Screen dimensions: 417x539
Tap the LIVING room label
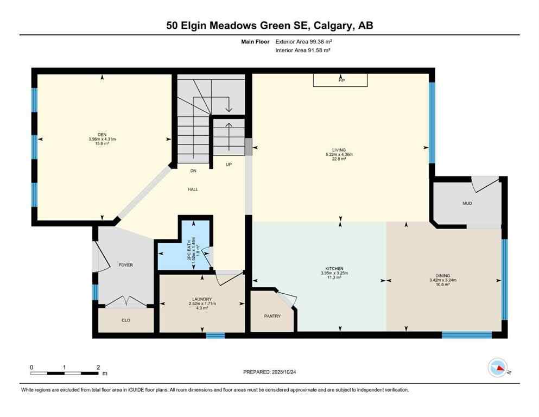[340, 150]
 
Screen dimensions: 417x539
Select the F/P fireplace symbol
[341, 80]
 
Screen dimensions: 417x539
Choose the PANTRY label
[272, 316]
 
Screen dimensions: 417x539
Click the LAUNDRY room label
[201, 299]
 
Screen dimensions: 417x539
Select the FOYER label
[125, 265]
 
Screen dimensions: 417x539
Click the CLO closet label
[125, 320]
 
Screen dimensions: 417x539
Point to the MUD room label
[467, 204]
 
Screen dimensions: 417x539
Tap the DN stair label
[193, 171]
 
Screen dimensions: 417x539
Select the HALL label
[193, 189]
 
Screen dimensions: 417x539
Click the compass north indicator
[498, 369]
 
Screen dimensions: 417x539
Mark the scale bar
[65, 373]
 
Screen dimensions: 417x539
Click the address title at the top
[269, 26]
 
